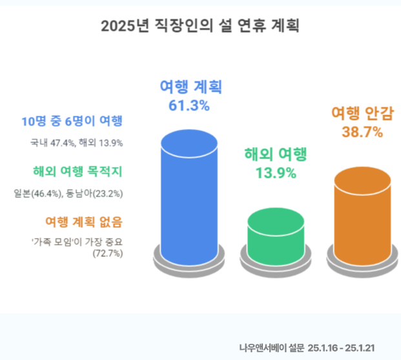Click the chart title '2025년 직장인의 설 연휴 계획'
[x=200, y=26]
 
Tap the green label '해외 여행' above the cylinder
[x=276, y=155]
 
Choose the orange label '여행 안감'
[x=362, y=114]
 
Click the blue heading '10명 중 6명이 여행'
[x=72, y=122]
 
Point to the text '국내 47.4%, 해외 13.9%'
[x=76, y=142]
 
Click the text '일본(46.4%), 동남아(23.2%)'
[x=68, y=193]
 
